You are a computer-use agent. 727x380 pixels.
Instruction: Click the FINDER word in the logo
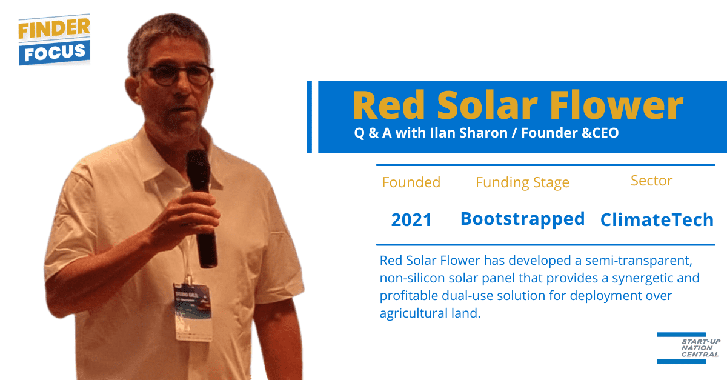pos(54,28)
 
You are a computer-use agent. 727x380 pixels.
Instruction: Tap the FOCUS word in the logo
pos(55,52)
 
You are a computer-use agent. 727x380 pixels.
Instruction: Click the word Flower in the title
pos(617,105)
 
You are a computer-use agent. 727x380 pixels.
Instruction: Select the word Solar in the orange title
pos(488,105)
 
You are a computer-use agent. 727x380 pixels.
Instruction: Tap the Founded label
pos(411,182)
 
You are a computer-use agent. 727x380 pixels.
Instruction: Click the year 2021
pos(411,219)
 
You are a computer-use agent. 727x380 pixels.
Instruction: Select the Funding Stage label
pos(522,183)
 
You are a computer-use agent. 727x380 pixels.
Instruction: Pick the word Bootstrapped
pos(522,219)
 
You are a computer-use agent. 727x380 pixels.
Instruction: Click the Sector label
pos(651,181)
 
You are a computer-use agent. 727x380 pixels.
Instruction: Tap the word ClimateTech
pos(657,219)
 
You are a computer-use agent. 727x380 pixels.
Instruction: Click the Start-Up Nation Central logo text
pos(700,348)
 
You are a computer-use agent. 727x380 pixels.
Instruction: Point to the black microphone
pos(201,208)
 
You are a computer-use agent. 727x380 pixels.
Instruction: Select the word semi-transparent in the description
pos(639,261)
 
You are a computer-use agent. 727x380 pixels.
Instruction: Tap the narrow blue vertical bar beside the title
pos(310,117)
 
